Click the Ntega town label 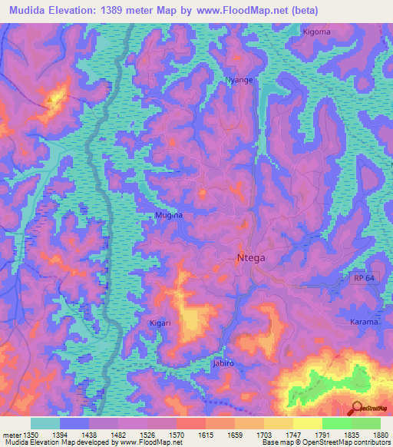[x=250, y=258]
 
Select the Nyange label [x=238, y=80]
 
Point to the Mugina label [x=169, y=217]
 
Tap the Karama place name [x=365, y=322]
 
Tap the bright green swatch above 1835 [x=337, y=423]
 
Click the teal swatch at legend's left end [x=45, y=423]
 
